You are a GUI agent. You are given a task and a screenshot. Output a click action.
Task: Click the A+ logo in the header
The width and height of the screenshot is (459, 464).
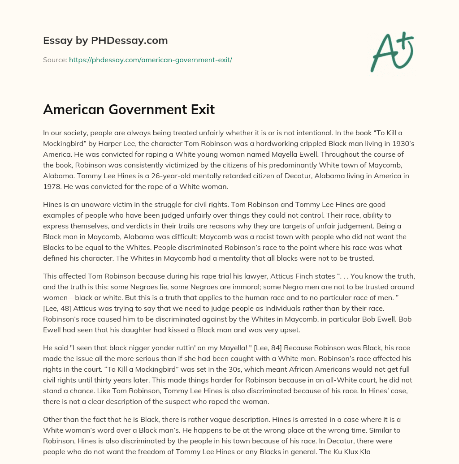tap(392, 52)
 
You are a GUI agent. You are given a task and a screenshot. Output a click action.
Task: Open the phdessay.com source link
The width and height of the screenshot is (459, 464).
tap(150, 60)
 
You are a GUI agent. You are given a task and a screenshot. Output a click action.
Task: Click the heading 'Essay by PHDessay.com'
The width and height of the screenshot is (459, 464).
tap(105, 41)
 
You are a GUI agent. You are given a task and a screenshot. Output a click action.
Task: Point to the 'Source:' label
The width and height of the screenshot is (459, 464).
tap(55, 60)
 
